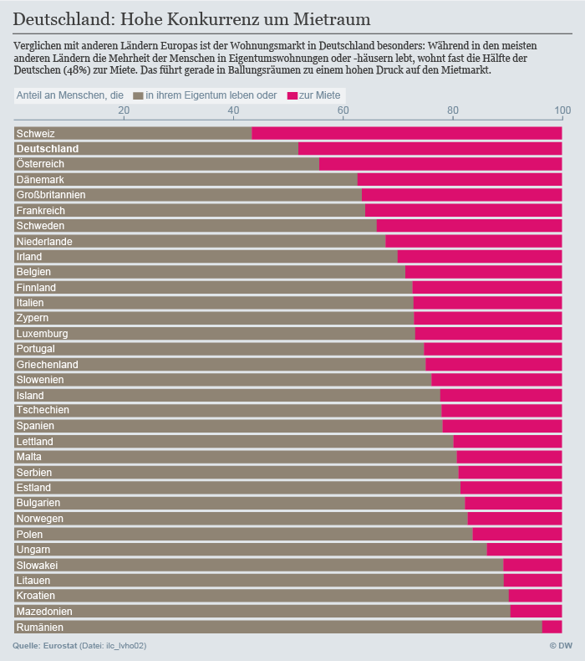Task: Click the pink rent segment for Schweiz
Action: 407,133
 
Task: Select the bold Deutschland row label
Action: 48,149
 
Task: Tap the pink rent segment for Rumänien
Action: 552,627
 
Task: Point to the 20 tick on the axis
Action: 124,110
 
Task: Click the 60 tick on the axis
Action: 343,110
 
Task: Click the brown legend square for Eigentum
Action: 138,96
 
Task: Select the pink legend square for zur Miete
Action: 292,96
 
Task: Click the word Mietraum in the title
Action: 329,18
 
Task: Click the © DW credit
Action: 560,646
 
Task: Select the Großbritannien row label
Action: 51,195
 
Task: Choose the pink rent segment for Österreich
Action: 440,164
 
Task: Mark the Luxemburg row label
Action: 42,334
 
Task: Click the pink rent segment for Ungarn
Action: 524,550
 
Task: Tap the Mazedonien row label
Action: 45,612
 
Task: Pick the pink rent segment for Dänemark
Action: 460,180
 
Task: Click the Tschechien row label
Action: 43,411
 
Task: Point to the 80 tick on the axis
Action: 453,110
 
